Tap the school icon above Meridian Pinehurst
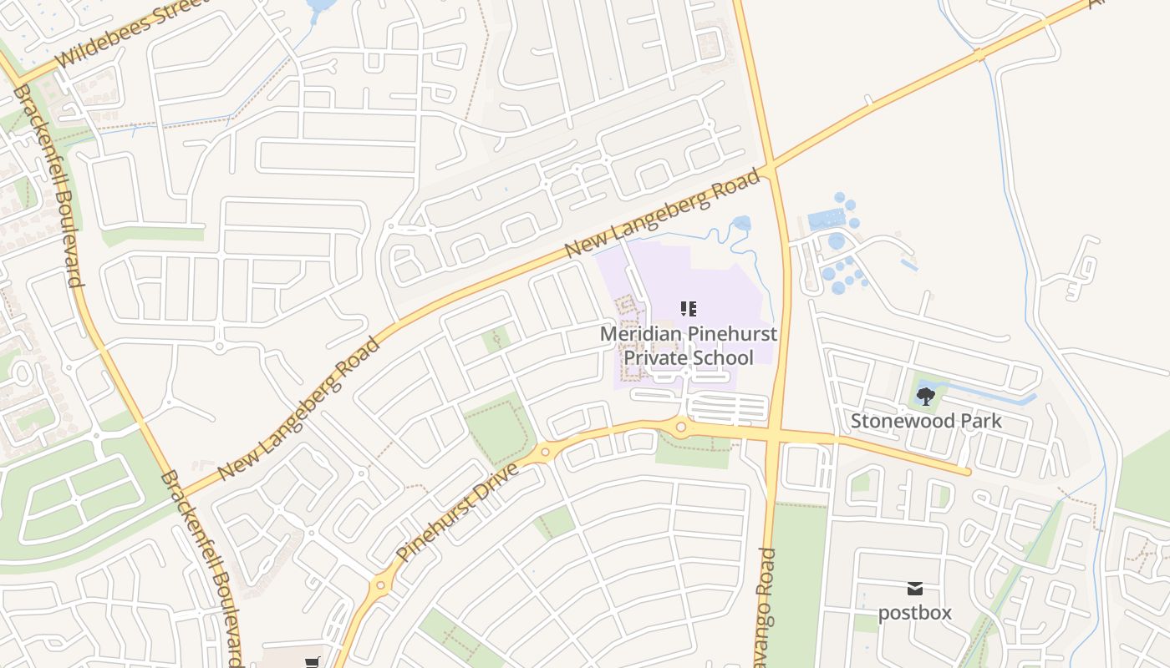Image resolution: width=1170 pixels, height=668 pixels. tap(689, 310)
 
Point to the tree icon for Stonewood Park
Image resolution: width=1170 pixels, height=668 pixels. tap(925, 397)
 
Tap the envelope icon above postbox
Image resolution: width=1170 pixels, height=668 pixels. tap(915, 589)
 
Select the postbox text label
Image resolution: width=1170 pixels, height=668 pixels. tap(915, 613)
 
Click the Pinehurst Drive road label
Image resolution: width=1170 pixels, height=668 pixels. tap(457, 511)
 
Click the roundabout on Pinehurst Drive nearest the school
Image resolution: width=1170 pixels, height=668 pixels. tap(681, 428)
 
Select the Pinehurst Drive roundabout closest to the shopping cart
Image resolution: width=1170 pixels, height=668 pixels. tap(382, 584)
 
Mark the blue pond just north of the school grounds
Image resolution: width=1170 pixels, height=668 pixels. tap(741, 223)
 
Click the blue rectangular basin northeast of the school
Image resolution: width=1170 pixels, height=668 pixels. tap(827, 220)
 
